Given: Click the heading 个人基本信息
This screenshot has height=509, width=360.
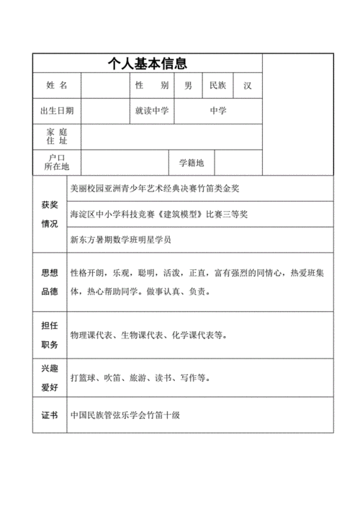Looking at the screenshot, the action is point(147,63).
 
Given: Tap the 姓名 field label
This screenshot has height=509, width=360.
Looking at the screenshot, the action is point(57,86).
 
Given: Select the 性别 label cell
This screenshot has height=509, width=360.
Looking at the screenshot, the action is point(151,86).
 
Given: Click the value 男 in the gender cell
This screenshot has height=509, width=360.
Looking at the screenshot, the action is point(188,86).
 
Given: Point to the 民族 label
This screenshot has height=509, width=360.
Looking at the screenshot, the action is point(217,86).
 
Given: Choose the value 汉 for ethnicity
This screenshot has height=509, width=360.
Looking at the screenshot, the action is point(248,86).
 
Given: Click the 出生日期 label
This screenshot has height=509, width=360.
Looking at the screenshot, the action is point(57,111).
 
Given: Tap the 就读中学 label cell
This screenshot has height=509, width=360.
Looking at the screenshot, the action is point(151,111).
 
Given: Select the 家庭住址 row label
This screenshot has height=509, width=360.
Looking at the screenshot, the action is point(57,137).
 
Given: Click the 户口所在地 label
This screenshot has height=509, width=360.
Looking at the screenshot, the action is point(57,162).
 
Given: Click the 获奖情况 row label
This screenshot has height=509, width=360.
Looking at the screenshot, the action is point(50,215).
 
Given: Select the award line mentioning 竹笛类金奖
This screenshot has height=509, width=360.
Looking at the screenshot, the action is point(155,188).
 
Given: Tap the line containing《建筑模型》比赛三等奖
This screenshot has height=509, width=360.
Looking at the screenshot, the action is point(159,214).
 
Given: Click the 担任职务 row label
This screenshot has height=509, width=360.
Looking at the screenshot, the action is point(50,335).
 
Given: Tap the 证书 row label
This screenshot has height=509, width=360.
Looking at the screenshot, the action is point(50,416).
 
